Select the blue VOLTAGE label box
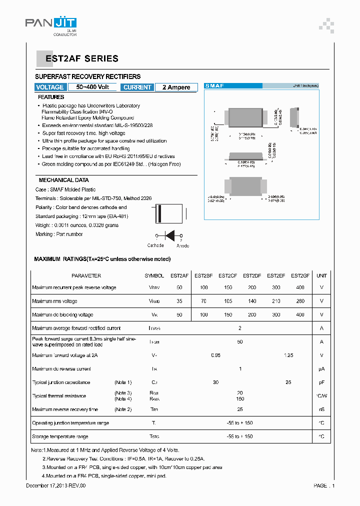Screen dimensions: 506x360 (50, 87)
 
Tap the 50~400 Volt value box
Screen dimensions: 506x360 (92, 87)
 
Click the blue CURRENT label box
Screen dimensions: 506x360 (137, 87)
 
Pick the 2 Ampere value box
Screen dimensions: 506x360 (176, 87)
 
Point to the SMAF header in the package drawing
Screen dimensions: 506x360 (215, 86)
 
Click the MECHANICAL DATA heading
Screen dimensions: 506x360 (63, 180)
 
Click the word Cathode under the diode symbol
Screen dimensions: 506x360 (155, 245)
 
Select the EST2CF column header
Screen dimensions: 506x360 (227, 275)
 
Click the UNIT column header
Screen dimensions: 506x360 (321, 275)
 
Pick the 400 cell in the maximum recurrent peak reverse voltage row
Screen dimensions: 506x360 (300, 287)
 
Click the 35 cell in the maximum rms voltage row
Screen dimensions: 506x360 (179, 301)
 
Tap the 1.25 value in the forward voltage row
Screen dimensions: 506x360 (288, 355)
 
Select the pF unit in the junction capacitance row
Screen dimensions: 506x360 (321, 382)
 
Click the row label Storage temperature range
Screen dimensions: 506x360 (60, 436)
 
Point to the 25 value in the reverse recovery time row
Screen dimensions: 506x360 (240, 409)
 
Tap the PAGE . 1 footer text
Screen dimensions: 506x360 (324, 485)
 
